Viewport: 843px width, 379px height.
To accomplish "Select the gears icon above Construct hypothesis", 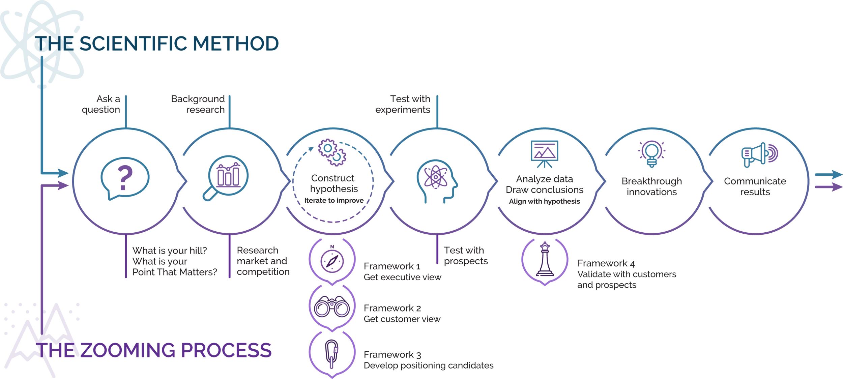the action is pyautogui.click(x=332, y=152).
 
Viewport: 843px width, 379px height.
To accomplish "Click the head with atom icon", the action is pyautogui.click(x=437, y=181).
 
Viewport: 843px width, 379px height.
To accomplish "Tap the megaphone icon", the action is pyautogui.click(x=760, y=155).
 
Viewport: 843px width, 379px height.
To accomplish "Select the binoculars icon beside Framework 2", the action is pyautogui.click(x=332, y=307).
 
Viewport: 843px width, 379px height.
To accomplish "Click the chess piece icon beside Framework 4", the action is pyautogui.click(x=545, y=259).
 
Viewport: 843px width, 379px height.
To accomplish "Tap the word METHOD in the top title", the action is pyautogui.click(x=236, y=43).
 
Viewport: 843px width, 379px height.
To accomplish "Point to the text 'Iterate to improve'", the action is pyautogui.click(x=334, y=200).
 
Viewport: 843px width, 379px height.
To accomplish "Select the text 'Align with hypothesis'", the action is pyautogui.click(x=544, y=201).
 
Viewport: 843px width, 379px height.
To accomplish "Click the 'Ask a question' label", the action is pyautogui.click(x=101, y=104).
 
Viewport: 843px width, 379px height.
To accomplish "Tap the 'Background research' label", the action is pyautogui.click(x=198, y=104).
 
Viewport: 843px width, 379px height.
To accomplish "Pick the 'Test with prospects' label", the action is pyautogui.click(x=466, y=256).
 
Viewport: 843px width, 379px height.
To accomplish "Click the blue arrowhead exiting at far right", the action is pyautogui.click(x=837, y=175).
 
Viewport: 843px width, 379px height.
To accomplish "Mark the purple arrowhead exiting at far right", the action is pyautogui.click(x=837, y=187).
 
